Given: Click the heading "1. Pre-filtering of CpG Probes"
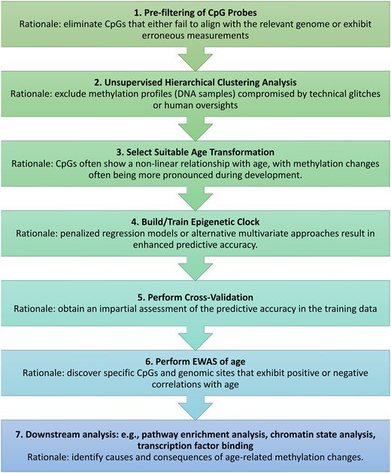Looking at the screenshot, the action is pyautogui.click(x=195, y=13).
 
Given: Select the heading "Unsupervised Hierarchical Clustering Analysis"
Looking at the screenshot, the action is pyautogui.click(x=200, y=82).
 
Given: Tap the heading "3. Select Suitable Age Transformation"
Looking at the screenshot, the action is pyautogui.click(x=195, y=152).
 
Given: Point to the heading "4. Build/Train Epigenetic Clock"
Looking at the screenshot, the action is pyautogui.click(x=195, y=221).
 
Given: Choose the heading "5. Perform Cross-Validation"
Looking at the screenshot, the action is pyautogui.click(x=195, y=298).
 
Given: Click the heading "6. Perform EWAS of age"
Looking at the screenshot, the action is pyautogui.click(x=195, y=361).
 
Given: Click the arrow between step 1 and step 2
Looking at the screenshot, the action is pyautogui.click(x=195, y=59).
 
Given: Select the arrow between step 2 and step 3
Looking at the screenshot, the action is pyautogui.click(x=195, y=129).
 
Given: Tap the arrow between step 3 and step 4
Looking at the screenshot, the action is pyautogui.click(x=195, y=199).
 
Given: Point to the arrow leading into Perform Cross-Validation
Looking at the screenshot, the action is pyautogui.click(x=195, y=268).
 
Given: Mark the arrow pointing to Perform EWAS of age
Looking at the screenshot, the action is pyautogui.click(x=195, y=338).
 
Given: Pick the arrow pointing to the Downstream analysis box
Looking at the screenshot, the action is pyautogui.click(x=195, y=407).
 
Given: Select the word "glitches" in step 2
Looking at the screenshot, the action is pyautogui.click(x=362, y=94).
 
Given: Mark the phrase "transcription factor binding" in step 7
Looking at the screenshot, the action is pyautogui.click(x=195, y=446).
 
